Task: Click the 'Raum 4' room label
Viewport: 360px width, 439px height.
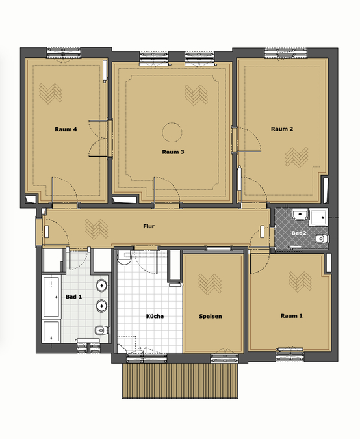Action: [x=66, y=129]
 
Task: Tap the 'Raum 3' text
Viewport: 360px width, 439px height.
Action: [x=173, y=152]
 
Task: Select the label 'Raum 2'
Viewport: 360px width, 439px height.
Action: [x=282, y=129]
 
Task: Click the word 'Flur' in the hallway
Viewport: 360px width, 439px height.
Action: [x=148, y=226]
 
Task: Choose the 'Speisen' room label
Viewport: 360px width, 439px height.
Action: [x=211, y=317]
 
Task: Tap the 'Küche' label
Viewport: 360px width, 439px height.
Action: [x=155, y=317]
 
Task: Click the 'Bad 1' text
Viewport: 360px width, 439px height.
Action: [x=74, y=297]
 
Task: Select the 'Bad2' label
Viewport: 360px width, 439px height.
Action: [x=298, y=232]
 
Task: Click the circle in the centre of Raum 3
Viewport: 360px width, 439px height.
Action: [x=172, y=131]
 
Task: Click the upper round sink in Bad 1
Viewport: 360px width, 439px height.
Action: [x=101, y=286]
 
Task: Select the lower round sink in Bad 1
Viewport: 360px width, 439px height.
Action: [x=101, y=306]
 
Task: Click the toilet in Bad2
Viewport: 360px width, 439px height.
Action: [x=320, y=240]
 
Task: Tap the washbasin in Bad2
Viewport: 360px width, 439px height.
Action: [x=300, y=215]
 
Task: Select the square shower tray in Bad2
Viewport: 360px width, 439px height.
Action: [x=319, y=217]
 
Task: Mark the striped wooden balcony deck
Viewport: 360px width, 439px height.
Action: [x=181, y=380]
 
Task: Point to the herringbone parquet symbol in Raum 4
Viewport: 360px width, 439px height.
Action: [x=49, y=93]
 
